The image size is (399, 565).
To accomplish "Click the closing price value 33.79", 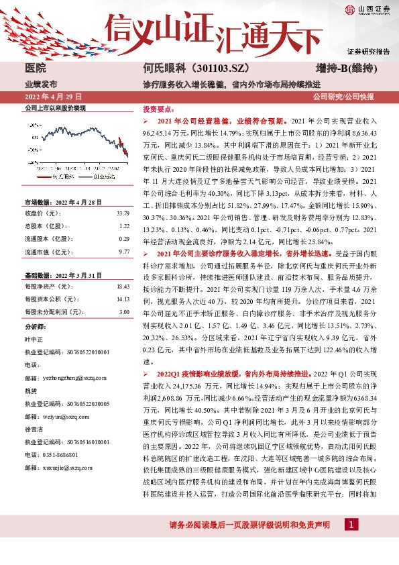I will pos(123,213).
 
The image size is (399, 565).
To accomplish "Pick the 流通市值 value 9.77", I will pos(124,251).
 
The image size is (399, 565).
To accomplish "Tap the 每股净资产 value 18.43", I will pos(123,286).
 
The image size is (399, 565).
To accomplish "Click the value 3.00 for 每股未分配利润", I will pos(124,312).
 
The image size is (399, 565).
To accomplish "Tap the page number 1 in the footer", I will pos(351,523).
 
